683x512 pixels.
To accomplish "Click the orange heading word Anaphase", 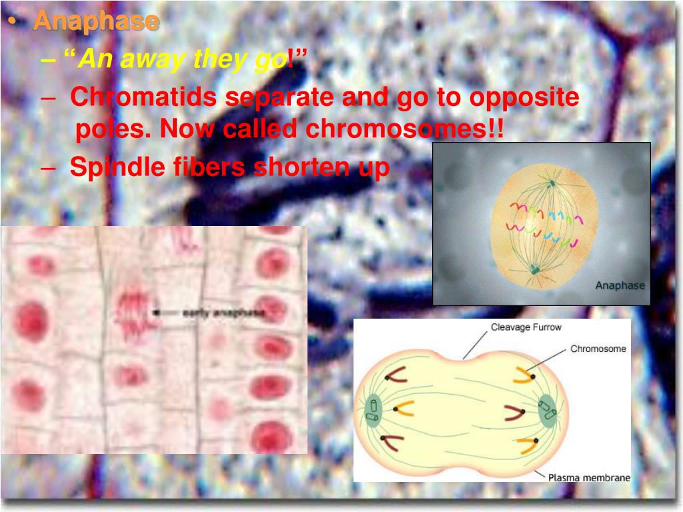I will point(96,21).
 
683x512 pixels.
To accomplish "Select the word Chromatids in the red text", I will point(143,97).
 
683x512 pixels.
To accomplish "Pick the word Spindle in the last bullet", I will point(113,167).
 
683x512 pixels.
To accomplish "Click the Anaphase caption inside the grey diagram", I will point(620,285).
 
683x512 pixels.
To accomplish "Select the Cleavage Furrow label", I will point(526,327).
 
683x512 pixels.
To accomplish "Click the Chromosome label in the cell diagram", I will point(598,349).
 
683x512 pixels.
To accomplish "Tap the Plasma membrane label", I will point(588,477).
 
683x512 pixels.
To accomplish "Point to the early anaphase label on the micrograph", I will point(223,312).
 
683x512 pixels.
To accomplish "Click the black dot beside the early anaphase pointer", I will point(155,311).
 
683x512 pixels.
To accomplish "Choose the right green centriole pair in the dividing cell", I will point(547,409).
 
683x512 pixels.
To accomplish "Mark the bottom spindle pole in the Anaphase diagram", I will point(535,269).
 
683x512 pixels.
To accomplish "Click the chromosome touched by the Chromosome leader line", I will point(522,375).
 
